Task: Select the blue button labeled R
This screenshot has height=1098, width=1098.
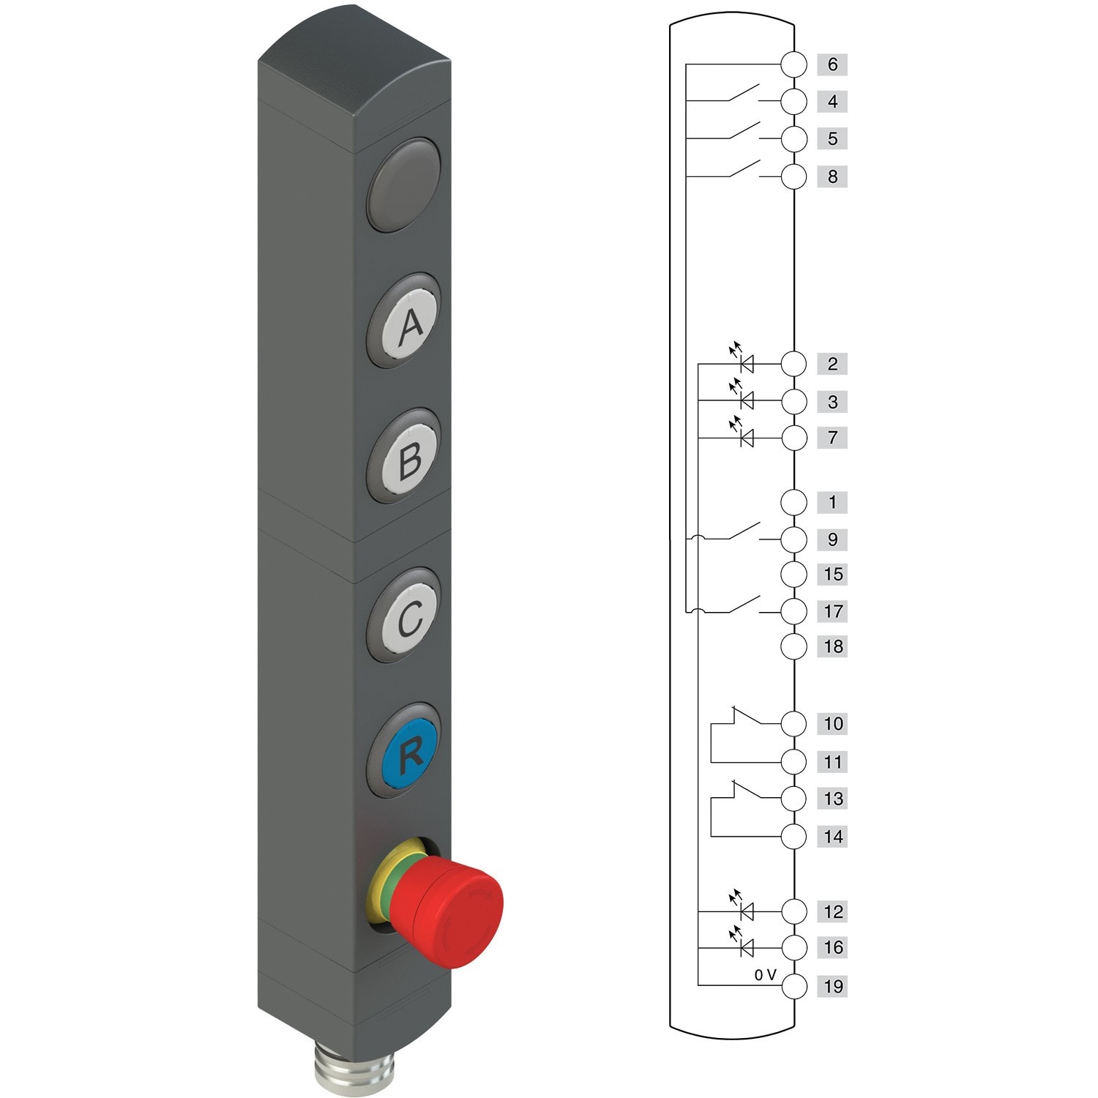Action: pyautogui.click(x=410, y=751)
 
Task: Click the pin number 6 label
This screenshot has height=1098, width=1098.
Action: pyautogui.click(x=832, y=64)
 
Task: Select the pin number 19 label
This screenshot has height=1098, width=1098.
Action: pyautogui.click(x=833, y=986)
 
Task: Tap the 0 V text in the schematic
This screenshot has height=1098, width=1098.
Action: pyautogui.click(x=765, y=975)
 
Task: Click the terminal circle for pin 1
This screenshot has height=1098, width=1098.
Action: pyautogui.click(x=793, y=502)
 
